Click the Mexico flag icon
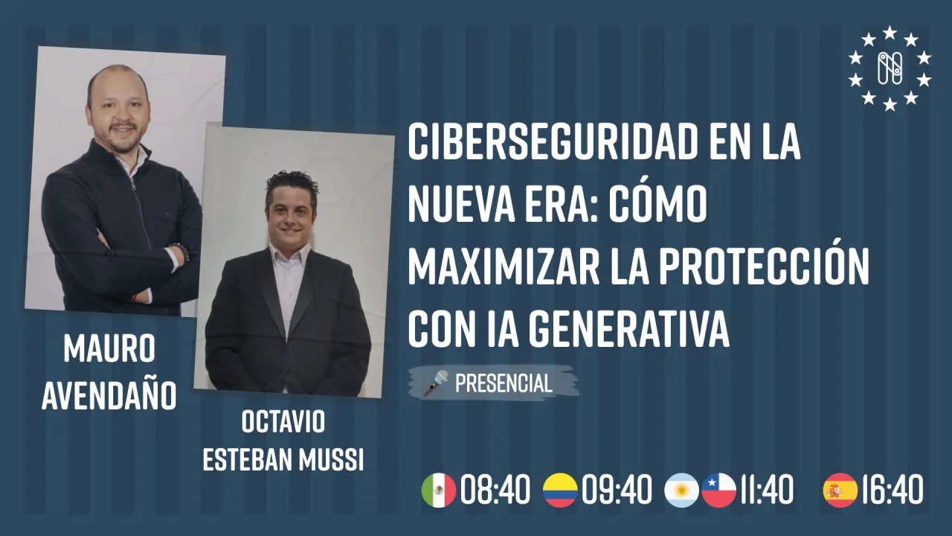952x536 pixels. [439, 491]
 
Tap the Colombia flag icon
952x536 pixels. [560, 491]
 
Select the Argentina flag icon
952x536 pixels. [681, 491]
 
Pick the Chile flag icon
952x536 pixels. [719, 491]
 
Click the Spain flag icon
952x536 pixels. [840, 491]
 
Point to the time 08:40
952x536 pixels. [495, 491]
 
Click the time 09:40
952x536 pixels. [617, 491]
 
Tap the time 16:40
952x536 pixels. [892, 491]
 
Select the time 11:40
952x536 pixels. [766, 491]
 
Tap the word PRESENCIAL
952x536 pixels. [504, 383]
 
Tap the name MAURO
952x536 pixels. [109, 349]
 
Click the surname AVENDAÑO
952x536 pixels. [109, 396]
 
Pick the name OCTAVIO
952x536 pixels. [283, 422]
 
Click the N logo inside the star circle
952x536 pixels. [890, 68]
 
